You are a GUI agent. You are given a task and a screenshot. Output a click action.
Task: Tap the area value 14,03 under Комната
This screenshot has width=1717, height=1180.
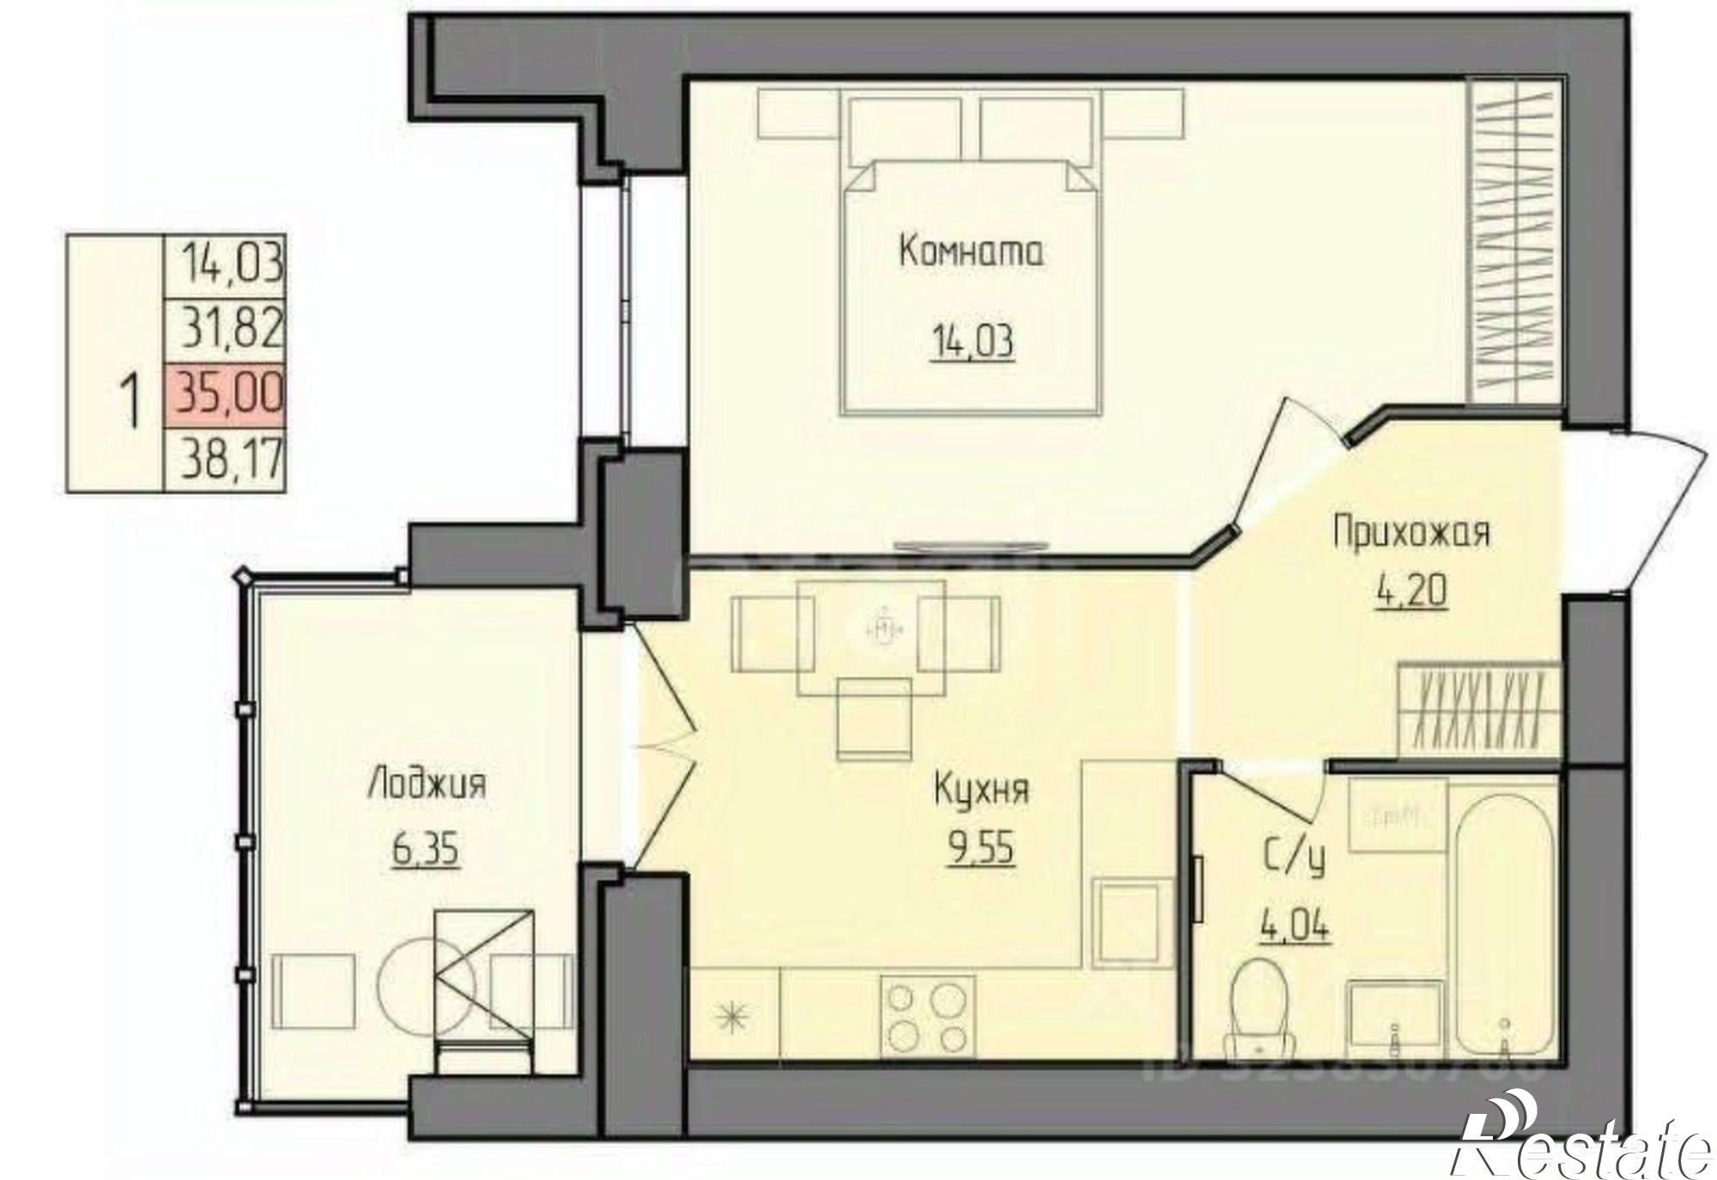971,342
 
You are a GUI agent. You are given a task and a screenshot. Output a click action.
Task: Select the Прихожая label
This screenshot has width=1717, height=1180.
1411,533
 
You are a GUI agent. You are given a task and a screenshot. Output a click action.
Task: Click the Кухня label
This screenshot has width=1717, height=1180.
980,789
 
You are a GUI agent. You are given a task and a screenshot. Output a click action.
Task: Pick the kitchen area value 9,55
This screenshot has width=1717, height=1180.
980,849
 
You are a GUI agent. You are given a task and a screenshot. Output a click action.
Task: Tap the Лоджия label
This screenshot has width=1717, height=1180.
427,784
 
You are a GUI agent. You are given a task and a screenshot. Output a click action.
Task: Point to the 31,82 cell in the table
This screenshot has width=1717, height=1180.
225,327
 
